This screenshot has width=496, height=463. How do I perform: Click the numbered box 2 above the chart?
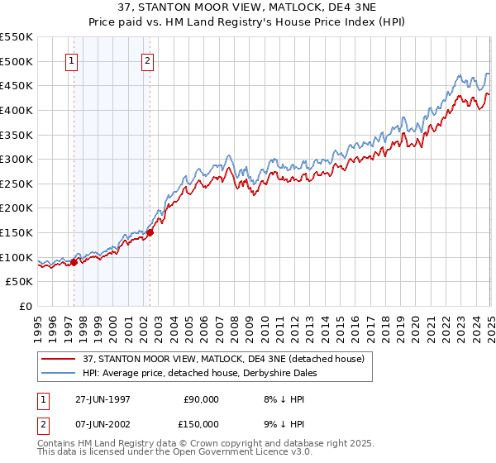pyautogui.click(x=147, y=60)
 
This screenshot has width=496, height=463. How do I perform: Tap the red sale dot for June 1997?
pyautogui.click(x=74, y=262)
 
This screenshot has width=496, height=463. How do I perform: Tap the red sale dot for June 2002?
pyautogui.click(x=150, y=232)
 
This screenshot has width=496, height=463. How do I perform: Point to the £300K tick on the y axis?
pyautogui.click(x=17, y=159)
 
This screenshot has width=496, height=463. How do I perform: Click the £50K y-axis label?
pyautogui.click(x=21, y=282)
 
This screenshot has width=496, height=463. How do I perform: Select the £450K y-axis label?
pyautogui.click(x=17, y=85)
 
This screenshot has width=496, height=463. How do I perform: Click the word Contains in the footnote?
pyautogui.click(x=58, y=445)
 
